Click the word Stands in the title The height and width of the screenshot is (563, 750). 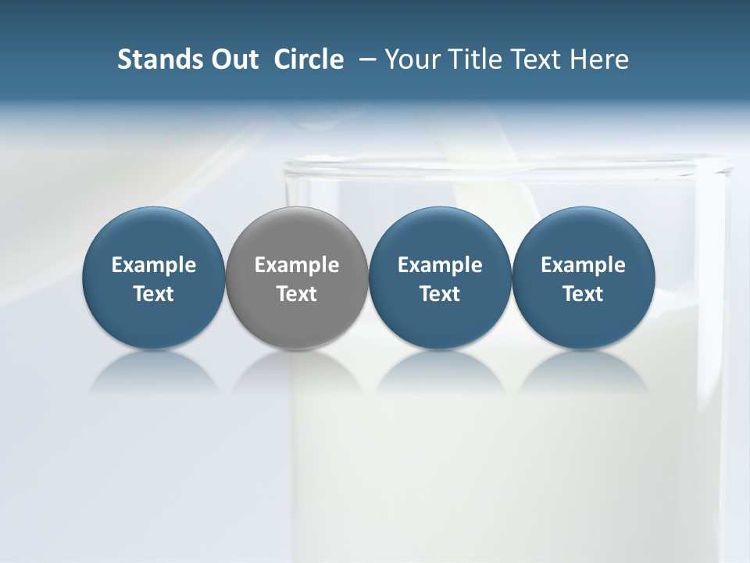click(155, 59)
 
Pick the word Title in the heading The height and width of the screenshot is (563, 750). click(472, 59)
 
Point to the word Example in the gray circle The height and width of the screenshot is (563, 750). click(297, 265)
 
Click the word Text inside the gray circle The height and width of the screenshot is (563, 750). click(297, 294)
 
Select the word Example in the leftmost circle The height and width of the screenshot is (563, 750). click(154, 265)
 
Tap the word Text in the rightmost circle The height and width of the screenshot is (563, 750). click(583, 294)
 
